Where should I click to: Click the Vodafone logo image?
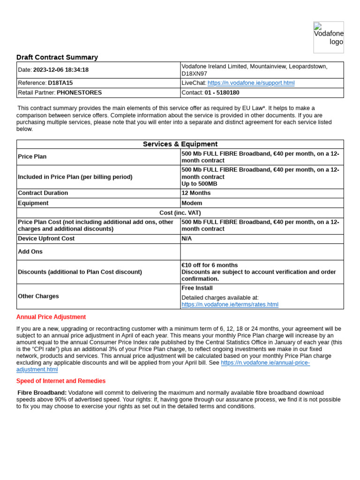[x=328, y=37]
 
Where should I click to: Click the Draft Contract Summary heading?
[x=57, y=57]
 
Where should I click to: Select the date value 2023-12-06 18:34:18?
[x=60, y=70]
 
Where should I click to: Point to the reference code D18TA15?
[x=60, y=83]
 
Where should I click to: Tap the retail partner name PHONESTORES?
[x=79, y=93]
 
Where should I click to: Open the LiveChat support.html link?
[x=251, y=83]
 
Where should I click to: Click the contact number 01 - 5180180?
[x=222, y=93]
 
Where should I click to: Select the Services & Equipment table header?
[x=180, y=144]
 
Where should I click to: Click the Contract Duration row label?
[x=43, y=193]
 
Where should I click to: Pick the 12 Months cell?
[x=196, y=193]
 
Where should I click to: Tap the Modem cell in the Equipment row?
[x=192, y=203]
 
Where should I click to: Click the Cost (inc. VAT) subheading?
[x=180, y=213]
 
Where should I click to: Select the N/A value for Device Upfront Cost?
[x=187, y=239]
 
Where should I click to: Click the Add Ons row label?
[x=30, y=252]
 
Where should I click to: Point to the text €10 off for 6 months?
[x=210, y=265]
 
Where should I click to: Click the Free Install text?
[x=197, y=288]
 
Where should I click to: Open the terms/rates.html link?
[x=230, y=305]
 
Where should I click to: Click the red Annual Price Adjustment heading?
[x=51, y=317]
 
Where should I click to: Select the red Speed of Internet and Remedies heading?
[x=61, y=381]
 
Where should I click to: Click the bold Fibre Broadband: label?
[x=42, y=393]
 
